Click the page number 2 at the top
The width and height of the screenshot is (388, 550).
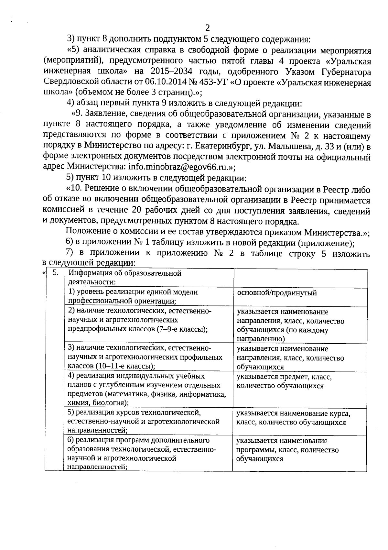pos(207,27)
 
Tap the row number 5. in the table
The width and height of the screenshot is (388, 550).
pos(55,273)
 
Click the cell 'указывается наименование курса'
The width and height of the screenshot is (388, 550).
pos(293,418)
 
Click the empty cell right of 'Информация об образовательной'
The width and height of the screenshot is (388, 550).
pos(300,278)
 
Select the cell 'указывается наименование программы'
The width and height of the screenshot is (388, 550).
pos(287,450)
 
